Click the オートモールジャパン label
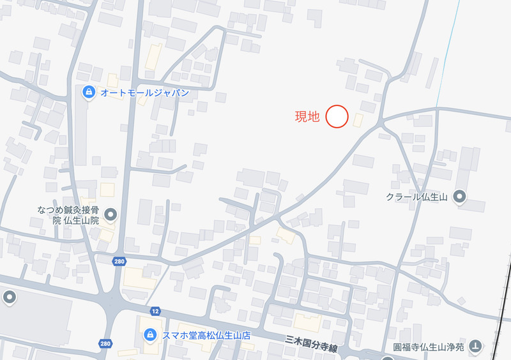145,93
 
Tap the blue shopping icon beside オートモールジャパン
89,93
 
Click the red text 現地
307,117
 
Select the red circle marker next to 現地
337,117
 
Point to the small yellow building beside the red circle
358,120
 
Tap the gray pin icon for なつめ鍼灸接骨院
111,214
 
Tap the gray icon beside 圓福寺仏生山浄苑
476,347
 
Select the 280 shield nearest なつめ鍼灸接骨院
118,261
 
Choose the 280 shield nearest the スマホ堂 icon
105,344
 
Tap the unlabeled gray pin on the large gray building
9,297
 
